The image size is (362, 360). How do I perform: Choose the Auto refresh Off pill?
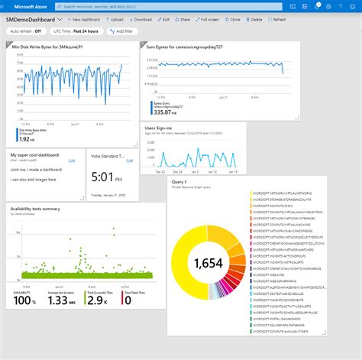[25, 32]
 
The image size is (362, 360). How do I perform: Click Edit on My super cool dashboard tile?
[72, 160]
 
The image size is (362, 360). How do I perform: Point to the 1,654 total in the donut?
[208, 264]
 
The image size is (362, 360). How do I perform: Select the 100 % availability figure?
[23, 300]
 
